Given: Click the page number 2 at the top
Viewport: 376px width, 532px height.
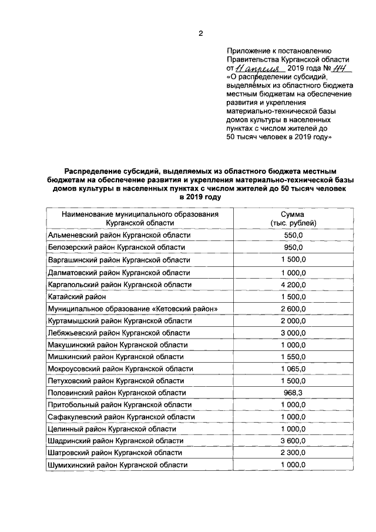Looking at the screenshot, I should [x=200, y=33].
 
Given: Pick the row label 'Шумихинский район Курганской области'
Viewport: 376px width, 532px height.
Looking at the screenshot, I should [x=117, y=464].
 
